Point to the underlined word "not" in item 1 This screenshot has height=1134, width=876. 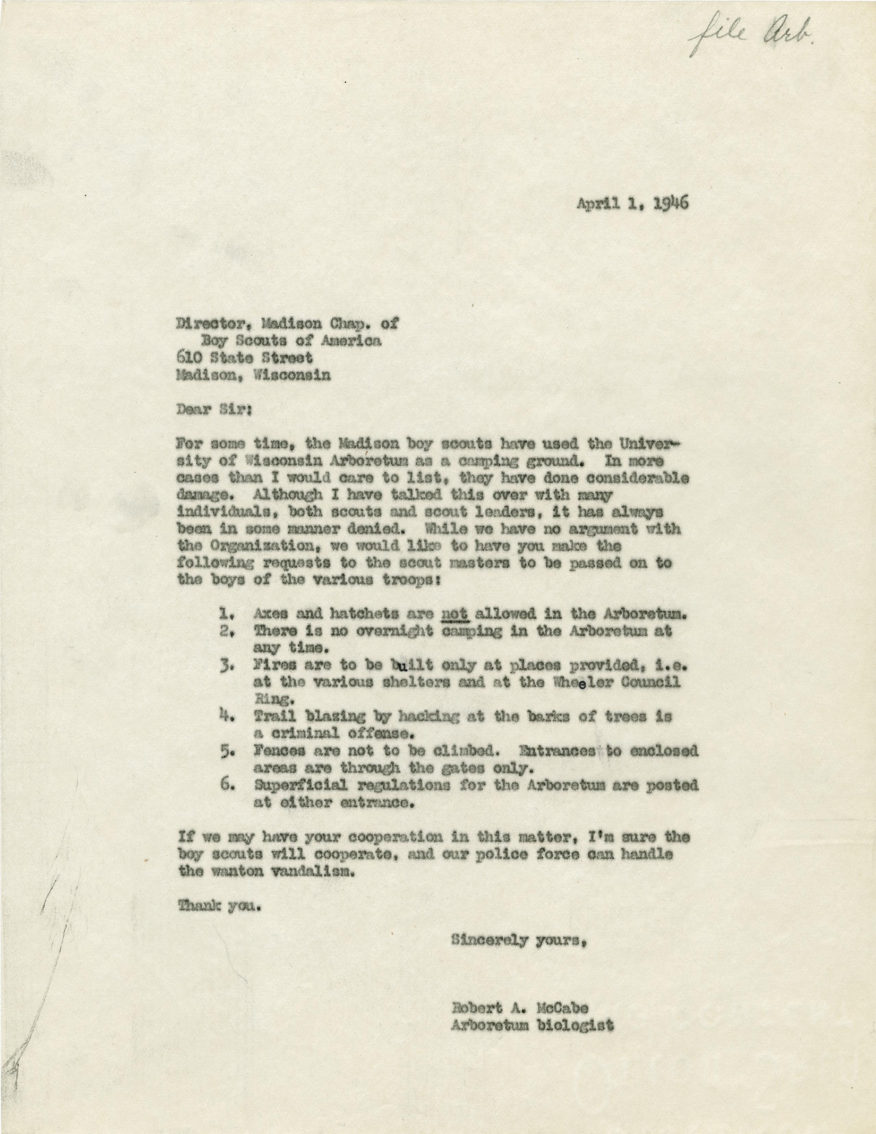[x=455, y=614]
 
